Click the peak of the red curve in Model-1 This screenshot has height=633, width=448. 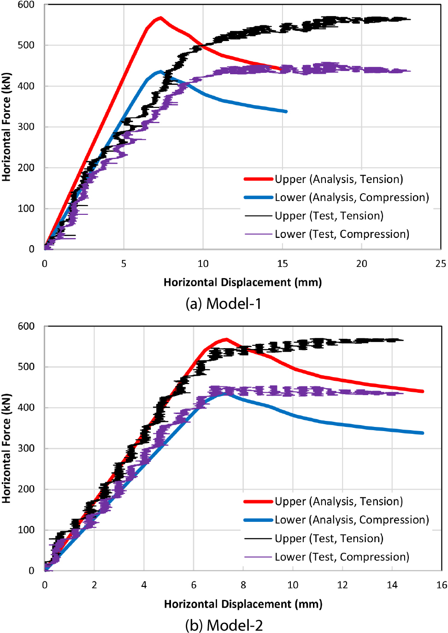pyautogui.click(x=160, y=18)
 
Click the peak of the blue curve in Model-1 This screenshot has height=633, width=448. pyautogui.click(x=160, y=71)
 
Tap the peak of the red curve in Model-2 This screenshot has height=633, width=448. pyautogui.click(x=226, y=339)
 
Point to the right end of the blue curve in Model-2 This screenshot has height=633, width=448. pyautogui.click(x=422, y=433)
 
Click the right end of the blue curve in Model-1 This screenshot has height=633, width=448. pyautogui.click(x=286, y=112)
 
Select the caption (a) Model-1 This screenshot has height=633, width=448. pyautogui.click(x=224, y=303)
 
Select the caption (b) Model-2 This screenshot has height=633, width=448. pyautogui.click(x=224, y=625)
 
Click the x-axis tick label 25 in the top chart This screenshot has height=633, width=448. pyautogui.click(x=441, y=264)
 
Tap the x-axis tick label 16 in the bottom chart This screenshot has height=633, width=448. pyautogui.click(x=442, y=585)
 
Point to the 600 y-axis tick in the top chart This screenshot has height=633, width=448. pyautogui.click(x=26, y=5)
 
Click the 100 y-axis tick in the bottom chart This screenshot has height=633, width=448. pyautogui.click(x=26, y=530)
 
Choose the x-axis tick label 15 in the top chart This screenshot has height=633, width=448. pyautogui.click(x=282, y=264)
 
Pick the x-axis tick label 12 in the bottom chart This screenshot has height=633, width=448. pyautogui.click(x=342, y=585)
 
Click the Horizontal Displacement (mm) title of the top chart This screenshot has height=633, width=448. pyautogui.click(x=242, y=282)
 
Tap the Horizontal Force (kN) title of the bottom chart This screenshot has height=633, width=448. pyautogui.click(x=6, y=448)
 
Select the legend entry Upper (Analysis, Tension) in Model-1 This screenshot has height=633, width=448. pyautogui.click(x=339, y=179)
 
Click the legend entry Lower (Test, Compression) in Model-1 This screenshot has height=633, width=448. pyautogui.click(x=342, y=234)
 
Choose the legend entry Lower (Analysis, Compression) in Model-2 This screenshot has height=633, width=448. pyautogui.click(x=352, y=520)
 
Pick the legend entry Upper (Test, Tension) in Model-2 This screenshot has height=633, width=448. pyautogui.click(x=329, y=538)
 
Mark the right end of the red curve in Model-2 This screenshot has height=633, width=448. pyautogui.click(x=422, y=391)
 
